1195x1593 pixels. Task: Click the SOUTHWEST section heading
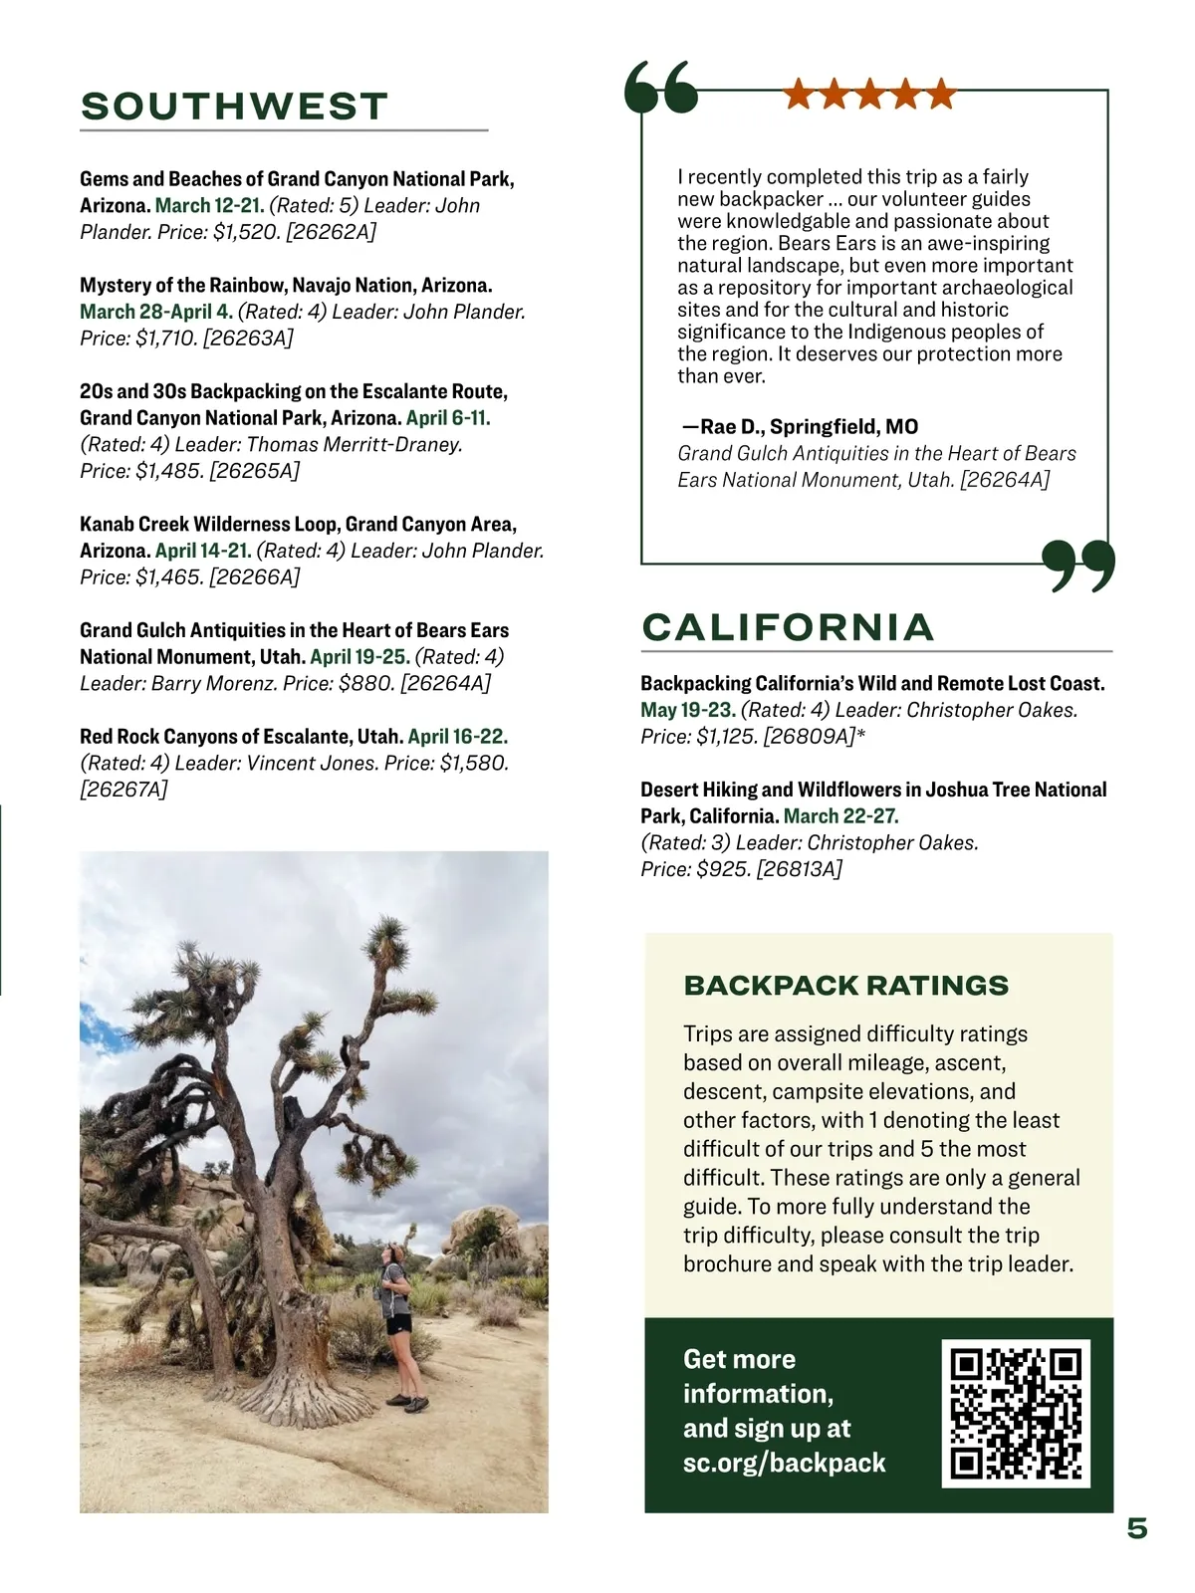click(x=234, y=107)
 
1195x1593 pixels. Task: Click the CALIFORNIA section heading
click(x=788, y=627)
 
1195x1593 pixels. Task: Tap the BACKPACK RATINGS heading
click(x=845, y=986)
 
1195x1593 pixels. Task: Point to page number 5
click(x=1136, y=1528)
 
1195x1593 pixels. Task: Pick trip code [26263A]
click(x=248, y=339)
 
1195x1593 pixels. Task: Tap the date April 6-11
click(x=448, y=418)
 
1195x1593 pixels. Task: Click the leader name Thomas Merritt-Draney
click(x=355, y=445)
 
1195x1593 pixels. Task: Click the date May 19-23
click(x=688, y=711)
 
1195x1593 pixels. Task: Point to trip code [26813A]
click(x=799, y=869)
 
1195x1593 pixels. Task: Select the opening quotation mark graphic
click(x=660, y=88)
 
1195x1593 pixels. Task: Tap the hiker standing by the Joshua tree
click(x=399, y=1325)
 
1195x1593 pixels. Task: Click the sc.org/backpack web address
click(x=784, y=1463)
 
